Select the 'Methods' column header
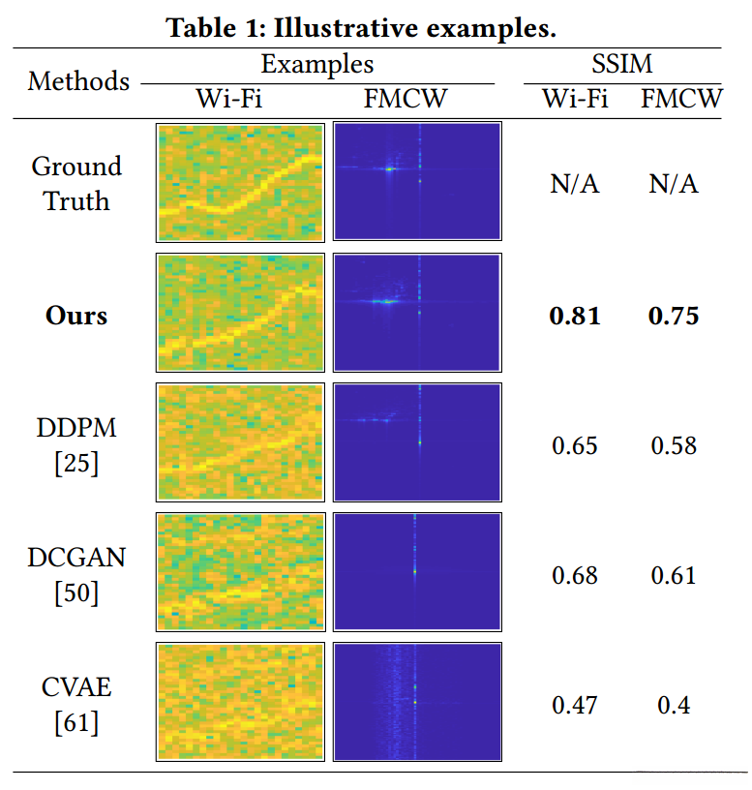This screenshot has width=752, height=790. (x=78, y=80)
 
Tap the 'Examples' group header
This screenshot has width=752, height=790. (x=317, y=65)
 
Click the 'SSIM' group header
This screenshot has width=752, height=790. (x=622, y=65)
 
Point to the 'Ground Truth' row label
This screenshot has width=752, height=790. (x=76, y=183)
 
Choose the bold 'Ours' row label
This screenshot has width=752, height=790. (x=76, y=316)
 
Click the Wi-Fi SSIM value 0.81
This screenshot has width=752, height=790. (x=575, y=316)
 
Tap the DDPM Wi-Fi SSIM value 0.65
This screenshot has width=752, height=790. (x=575, y=445)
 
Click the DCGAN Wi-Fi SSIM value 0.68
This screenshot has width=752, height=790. (x=575, y=575)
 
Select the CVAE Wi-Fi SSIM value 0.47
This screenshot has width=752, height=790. (x=575, y=705)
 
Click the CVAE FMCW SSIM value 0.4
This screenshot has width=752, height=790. (x=674, y=705)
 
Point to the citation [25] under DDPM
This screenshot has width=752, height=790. (x=76, y=463)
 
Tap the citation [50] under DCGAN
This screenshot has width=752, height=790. (x=76, y=592)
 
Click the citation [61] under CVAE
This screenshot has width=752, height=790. (x=76, y=722)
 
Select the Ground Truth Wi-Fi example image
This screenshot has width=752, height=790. (x=240, y=182)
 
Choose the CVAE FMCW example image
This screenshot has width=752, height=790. (x=417, y=702)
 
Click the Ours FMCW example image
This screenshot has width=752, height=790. (x=417, y=313)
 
